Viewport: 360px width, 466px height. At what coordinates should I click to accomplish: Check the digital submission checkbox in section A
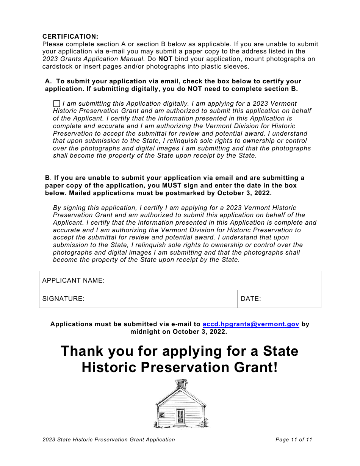pyautogui.click(x=56, y=103)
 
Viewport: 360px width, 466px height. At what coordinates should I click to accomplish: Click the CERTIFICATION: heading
pyautogui.click(x=70, y=36)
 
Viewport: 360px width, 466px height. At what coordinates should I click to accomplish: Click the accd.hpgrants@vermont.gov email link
pyautogui.click(x=251, y=324)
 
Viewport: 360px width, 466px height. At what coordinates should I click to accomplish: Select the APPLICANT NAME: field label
pyautogui.click(x=73, y=281)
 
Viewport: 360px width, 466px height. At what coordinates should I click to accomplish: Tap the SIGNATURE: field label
pyautogui.click(x=63, y=299)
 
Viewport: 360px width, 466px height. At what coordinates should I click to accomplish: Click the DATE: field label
pyautogui.click(x=251, y=299)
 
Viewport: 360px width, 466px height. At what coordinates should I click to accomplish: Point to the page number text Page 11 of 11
pyautogui.click(x=294, y=440)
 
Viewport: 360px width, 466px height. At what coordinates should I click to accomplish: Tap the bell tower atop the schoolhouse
pyautogui.click(x=181, y=384)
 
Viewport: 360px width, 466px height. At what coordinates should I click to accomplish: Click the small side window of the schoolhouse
pyautogui.click(x=161, y=415)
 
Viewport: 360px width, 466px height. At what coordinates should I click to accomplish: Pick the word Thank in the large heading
pyautogui.click(x=82, y=351)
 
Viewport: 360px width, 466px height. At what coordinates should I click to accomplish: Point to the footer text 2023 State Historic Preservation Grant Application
pyautogui.click(x=109, y=440)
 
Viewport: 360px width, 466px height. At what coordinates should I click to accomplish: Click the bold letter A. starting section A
pyautogui.click(x=48, y=81)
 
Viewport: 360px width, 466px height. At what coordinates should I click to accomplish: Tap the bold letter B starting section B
pyautogui.click(x=47, y=178)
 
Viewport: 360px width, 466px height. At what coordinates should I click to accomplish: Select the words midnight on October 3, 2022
pyautogui.click(x=178, y=332)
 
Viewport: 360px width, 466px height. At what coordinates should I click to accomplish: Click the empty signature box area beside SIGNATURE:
pyautogui.click(x=159, y=299)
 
